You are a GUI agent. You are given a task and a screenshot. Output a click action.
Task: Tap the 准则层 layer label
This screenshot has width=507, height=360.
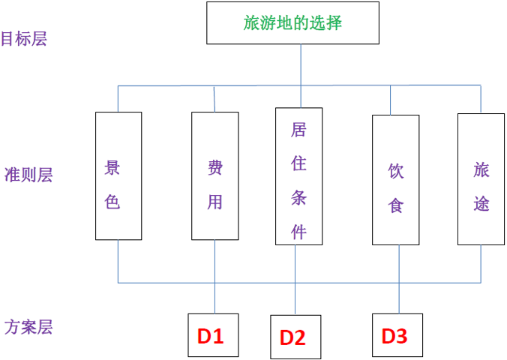[28, 175]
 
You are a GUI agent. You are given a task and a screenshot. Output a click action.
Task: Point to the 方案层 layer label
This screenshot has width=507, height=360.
[28, 328]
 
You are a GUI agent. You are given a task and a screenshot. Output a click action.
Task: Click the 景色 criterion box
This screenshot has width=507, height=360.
[118, 175]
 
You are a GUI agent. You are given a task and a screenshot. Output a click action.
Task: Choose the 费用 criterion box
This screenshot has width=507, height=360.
[214, 175]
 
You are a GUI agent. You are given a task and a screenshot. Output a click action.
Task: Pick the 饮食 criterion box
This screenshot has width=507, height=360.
[395, 179]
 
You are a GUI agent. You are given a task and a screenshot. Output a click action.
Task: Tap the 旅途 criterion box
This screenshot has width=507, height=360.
[481, 178]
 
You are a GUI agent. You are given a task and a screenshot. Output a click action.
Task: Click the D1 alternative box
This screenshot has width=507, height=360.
[213, 336]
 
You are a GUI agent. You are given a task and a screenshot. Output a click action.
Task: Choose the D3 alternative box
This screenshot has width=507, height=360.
[397, 336]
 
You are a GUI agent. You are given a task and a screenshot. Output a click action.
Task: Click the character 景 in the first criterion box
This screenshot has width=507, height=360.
[112, 167]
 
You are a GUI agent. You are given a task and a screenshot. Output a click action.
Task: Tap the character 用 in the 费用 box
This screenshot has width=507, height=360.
[215, 202]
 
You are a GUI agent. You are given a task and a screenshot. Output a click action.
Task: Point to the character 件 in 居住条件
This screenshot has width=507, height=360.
[299, 231]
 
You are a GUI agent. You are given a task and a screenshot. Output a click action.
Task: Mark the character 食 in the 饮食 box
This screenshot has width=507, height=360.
[396, 205]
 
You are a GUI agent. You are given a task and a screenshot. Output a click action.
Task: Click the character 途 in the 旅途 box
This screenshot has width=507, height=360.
[481, 203]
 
